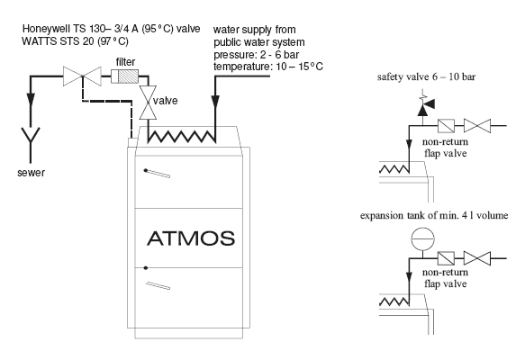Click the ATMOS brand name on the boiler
click(191, 238)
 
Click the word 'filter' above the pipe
click(125, 62)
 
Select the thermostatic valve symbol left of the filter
click(82, 76)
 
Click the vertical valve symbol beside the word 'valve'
click(148, 103)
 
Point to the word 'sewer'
click(31, 173)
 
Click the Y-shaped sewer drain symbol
click(31, 145)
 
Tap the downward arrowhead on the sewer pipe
click(31, 99)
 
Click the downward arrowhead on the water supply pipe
click(215, 102)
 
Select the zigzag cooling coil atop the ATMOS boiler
click(182, 137)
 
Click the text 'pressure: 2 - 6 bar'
click(256, 55)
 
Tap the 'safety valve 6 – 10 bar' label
click(426, 77)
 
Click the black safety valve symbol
click(425, 106)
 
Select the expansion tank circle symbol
click(422, 238)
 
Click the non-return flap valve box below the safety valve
click(446, 126)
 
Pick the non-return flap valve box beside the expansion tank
click(446, 258)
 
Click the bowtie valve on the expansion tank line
click(477, 258)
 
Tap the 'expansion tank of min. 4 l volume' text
click(434, 215)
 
